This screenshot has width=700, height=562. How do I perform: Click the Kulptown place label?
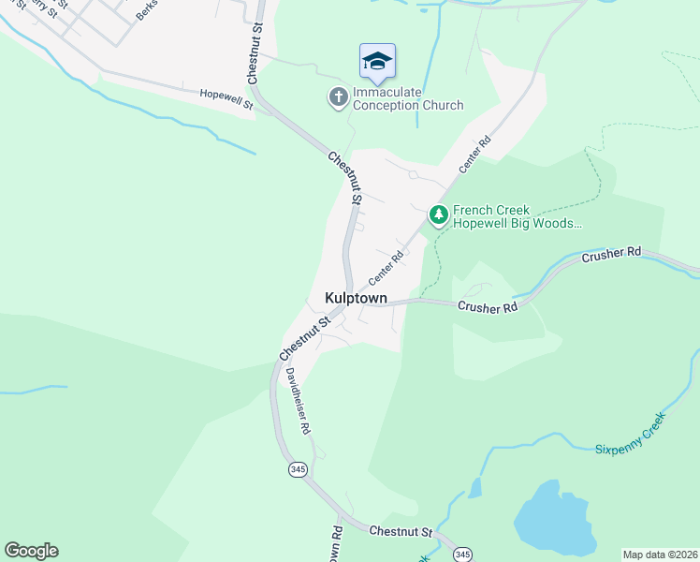tap(356, 297)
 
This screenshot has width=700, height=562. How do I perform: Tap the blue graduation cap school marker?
tap(377, 62)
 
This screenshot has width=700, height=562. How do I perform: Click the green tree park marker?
tap(438, 215)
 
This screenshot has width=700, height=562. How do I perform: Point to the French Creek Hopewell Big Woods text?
tap(518, 217)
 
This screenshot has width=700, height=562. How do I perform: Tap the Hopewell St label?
tap(227, 98)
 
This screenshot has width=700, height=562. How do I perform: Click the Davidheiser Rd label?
tap(299, 400)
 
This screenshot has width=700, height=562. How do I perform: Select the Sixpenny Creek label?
tap(630, 442)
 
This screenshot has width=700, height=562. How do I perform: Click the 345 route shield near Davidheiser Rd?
tap(298, 469)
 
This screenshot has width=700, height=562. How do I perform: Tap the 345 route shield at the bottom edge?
tap(462, 555)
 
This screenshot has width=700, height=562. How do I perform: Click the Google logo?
tap(31, 550)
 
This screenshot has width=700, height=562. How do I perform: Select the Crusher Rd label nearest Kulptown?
tap(487, 307)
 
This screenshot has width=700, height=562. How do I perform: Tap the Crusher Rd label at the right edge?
tap(613, 254)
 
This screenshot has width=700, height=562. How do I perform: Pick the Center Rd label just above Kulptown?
tap(386, 268)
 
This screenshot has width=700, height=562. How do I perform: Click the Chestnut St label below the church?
tap(344, 178)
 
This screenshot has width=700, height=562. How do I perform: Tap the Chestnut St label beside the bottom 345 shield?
tap(401, 531)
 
